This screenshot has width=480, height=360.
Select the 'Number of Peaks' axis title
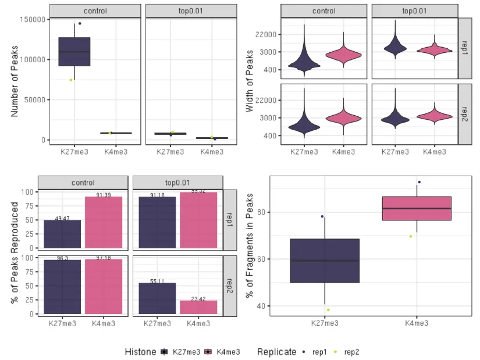[16, 76]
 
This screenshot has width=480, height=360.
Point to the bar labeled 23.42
[198, 307]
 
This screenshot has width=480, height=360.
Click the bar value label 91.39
[104, 195]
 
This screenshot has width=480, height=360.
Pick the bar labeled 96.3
[62, 287]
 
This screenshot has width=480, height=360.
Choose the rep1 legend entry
[316, 352]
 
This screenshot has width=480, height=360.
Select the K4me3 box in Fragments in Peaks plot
[417, 208]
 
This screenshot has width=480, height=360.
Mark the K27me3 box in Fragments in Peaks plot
[325, 261]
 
